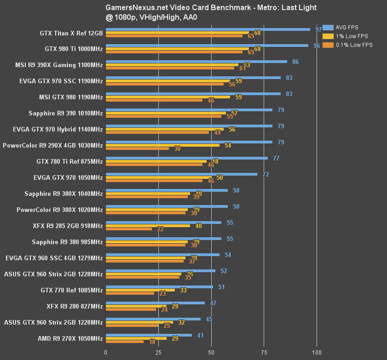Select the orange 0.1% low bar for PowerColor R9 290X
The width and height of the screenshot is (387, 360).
(x=137, y=149)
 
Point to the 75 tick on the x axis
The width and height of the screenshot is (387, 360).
(x=264, y=352)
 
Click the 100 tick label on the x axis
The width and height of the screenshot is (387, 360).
(x=317, y=352)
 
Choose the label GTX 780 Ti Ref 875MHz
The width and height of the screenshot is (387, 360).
(x=69, y=161)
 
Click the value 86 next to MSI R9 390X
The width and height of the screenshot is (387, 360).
(x=295, y=62)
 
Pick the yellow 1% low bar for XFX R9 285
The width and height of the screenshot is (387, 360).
(x=148, y=226)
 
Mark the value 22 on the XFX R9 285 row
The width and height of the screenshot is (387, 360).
(x=161, y=229)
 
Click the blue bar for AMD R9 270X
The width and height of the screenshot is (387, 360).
(x=149, y=335)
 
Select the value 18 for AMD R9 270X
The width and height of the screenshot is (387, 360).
(x=152, y=342)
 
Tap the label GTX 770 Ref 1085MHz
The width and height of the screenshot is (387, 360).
(x=71, y=290)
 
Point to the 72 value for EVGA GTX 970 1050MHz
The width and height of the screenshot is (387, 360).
(x=266, y=174)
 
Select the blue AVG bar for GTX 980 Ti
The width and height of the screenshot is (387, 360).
(x=207, y=46)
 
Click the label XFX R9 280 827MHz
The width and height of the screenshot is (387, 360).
(x=75, y=306)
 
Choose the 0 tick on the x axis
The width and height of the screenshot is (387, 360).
(x=106, y=352)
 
